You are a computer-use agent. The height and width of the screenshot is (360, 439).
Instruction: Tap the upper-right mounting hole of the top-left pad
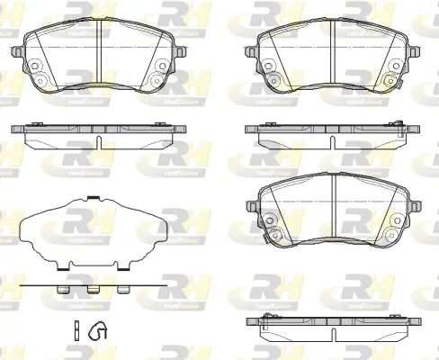(x=162, y=66)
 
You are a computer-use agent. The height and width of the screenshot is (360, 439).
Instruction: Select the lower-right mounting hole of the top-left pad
(x=156, y=81)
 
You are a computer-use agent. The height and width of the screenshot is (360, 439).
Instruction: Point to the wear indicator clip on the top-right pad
(x=408, y=87)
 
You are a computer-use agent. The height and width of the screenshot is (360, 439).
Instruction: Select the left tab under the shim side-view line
(x=61, y=291)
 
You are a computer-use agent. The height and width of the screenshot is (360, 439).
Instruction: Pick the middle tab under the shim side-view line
(x=94, y=291)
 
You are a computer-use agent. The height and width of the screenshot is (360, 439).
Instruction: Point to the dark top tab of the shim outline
(x=94, y=197)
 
